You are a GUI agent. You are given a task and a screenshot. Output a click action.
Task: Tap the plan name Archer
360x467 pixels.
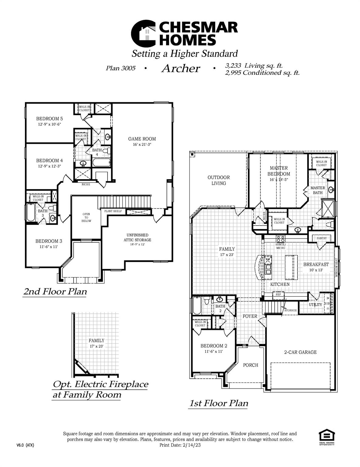[x=181, y=68]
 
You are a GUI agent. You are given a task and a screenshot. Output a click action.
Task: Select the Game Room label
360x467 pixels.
[x=142, y=139]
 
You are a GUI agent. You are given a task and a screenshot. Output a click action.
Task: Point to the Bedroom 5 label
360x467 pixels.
[x=50, y=119]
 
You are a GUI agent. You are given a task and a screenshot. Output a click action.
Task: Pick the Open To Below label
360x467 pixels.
[x=86, y=217]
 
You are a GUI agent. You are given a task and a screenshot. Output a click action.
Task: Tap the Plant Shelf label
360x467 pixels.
[x=113, y=211]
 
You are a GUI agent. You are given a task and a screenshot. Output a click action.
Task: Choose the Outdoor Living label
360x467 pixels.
[x=219, y=180]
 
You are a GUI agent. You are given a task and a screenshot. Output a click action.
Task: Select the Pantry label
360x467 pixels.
[x=322, y=238]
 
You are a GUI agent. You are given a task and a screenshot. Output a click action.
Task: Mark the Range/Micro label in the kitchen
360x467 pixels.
[x=281, y=246]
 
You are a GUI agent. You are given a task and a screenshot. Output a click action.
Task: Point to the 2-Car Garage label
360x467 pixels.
[x=300, y=352]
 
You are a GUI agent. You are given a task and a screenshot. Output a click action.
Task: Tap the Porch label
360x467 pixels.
[x=251, y=365]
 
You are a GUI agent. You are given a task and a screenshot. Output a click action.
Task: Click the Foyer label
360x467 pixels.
[x=250, y=316]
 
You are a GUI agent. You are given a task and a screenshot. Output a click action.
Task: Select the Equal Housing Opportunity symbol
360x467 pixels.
[x=327, y=437]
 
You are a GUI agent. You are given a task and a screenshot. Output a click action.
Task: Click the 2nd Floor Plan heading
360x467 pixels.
[x=55, y=292]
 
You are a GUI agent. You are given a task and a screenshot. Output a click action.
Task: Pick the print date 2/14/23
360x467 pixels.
[x=192, y=445]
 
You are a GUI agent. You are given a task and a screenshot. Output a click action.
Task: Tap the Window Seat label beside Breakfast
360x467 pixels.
[x=336, y=267]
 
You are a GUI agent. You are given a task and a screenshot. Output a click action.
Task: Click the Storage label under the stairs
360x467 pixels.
[x=290, y=310]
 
